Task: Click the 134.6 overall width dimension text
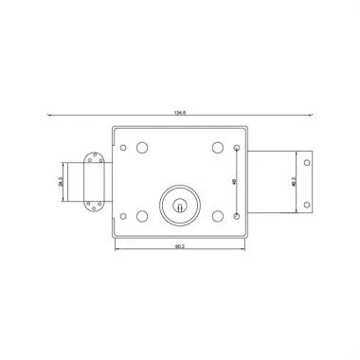pos(178,111)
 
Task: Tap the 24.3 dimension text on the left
pos(61,180)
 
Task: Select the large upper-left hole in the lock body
pos(142,148)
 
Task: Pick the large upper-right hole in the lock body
pos(217,148)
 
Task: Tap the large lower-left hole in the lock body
pos(142,215)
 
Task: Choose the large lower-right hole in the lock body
pos(217,215)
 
